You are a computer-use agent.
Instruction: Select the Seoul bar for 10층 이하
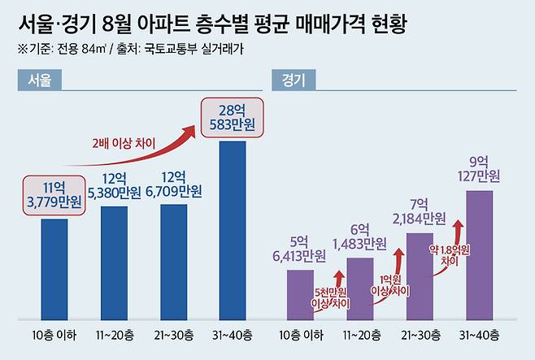(x=54, y=268)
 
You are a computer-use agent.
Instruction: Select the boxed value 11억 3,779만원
(x=54, y=196)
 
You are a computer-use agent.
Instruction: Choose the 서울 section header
(x=33, y=80)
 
